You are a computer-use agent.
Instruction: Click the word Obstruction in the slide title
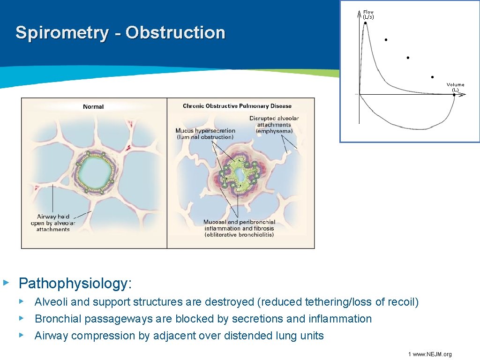[175, 33]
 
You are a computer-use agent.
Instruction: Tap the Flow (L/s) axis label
[368, 15]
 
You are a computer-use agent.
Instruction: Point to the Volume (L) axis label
[455, 87]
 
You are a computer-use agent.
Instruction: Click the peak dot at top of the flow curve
[365, 22]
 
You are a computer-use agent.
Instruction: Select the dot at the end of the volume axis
[454, 95]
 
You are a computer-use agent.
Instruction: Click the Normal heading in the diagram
[93, 107]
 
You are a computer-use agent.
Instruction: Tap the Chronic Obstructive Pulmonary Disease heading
[237, 106]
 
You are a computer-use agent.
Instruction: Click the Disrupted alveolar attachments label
[274, 125]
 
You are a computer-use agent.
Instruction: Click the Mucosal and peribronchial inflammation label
[239, 228]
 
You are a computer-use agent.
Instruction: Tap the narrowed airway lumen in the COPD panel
[240, 176]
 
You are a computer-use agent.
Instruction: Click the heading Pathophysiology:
[75, 283]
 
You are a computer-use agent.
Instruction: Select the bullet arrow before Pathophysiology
[6, 283]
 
